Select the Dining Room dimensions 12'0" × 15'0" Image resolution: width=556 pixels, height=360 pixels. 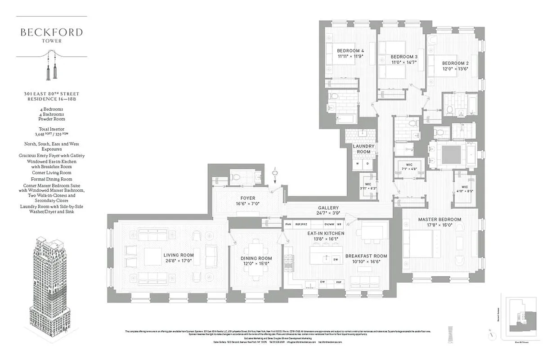tap(256, 264)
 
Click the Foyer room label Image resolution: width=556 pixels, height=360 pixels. tap(248, 198)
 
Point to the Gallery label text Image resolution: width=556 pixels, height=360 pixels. tap(328, 208)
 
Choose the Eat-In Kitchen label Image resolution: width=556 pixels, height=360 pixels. tap(326, 234)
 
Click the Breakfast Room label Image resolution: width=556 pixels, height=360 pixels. tap(366, 256)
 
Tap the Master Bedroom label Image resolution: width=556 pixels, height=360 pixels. tap(439, 220)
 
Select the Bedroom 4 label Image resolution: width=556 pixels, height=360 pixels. tap(350, 50)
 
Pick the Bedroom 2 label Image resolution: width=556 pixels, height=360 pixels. tap(455, 63)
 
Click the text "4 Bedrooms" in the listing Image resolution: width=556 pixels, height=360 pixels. tap(51, 109)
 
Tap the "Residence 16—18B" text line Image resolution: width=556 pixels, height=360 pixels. tap(51, 99)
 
